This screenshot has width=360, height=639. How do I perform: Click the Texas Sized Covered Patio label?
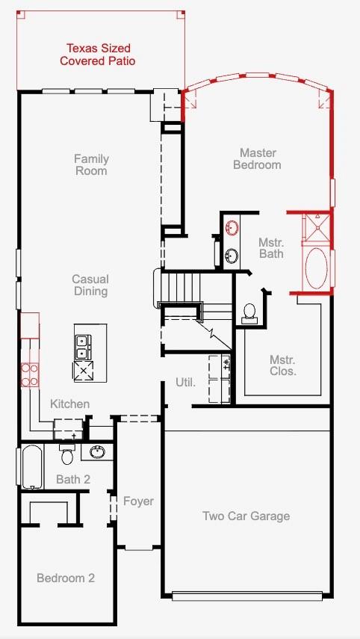coord(98,55)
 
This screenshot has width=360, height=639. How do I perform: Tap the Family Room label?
coord(91,164)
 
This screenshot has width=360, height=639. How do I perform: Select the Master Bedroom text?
coord(257,159)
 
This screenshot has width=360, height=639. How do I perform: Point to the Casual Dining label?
coord(90,285)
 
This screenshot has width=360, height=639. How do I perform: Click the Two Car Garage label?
coord(246,516)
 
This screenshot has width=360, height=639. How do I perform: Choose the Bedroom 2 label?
coord(66,578)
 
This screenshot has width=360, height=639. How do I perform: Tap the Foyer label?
coord(138,501)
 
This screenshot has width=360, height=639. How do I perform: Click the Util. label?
coord(186,383)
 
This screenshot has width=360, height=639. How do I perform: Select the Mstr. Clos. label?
coord(282,365)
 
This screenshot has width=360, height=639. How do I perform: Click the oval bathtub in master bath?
coord(317,268)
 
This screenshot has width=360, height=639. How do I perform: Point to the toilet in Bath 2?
coord(67,454)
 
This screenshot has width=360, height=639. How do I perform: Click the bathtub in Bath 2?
coord(31,466)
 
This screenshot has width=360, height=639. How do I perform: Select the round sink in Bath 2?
coord(97,451)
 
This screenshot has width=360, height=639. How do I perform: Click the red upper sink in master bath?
coord(232,227)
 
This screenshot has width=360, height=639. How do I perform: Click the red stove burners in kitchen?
coord(30,374)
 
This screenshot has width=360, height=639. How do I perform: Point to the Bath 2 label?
coord(73,479)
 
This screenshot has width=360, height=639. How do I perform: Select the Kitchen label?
coord(69,404)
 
